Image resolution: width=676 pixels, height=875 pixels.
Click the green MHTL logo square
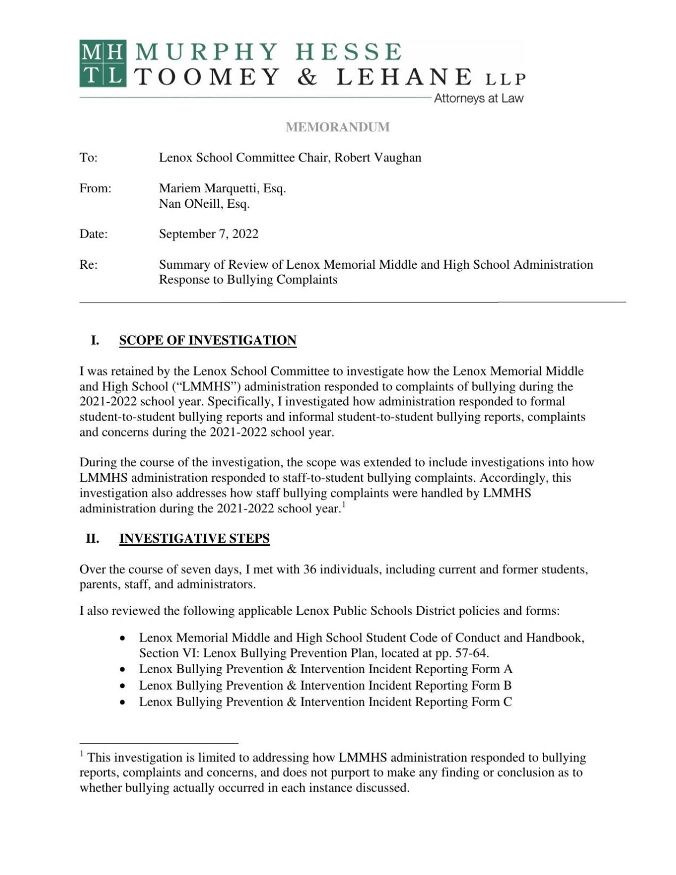pyautogui.click(x=103, y=63)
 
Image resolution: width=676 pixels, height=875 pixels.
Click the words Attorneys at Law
pyautogui.click(x=478, y=98)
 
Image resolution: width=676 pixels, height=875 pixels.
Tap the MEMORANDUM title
pyautogui.click(x=338, y=127)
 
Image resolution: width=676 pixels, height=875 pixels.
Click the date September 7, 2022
pyautogui.click(x=208, y=234)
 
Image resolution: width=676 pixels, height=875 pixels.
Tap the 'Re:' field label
pyautogui.click(x=88, y=265)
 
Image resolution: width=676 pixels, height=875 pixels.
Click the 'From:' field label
pyautogui.click(x=95, y=189)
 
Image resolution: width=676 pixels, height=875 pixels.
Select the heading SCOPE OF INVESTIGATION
pyautogui.click(x=207, y=341)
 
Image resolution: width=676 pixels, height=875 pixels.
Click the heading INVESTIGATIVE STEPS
pyautogui.click(x=194, y=538)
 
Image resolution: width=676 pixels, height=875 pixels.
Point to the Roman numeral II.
pyautogui.click(x=92, y=538)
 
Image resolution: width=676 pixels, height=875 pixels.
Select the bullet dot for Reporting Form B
pyautogui.click(x=123, y=686)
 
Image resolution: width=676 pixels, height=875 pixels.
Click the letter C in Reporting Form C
pyautogui.click(x=507, y=702)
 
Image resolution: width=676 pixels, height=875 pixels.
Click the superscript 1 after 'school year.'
pyautogui.click(x=344, y=505)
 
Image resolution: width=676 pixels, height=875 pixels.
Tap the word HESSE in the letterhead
pyautogui.click(x=348, y=52)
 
